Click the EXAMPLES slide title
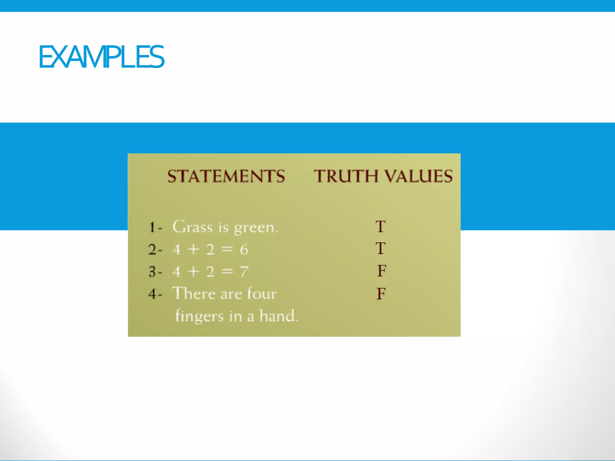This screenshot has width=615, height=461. click(x=101, y=57)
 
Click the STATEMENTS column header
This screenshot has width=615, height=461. click(x=226, y=176)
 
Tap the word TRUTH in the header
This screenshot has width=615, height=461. click(x=346, y=176)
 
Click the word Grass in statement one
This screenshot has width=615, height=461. click(x=192, y=227)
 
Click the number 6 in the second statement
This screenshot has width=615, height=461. click(x=244, y=250)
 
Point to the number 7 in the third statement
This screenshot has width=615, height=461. click(x=244, y=272)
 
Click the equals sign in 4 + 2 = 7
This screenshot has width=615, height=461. click(x=227, y=272)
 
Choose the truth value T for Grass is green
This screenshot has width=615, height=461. click(x=380, y=227)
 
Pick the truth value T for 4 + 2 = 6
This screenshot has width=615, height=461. click(x=380, y=249)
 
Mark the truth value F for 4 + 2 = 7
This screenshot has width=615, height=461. click(x=381, y=271)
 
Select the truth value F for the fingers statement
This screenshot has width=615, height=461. click(x=381, y=294)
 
